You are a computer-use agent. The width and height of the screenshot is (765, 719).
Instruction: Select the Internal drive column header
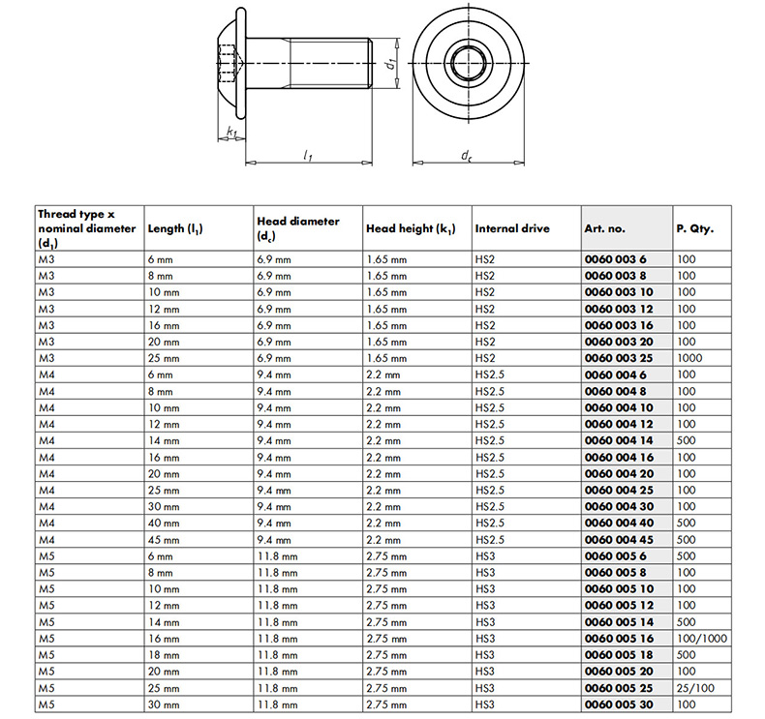[x=512, y=228]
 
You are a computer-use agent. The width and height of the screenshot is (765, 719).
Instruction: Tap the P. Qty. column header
[x=695, y=228]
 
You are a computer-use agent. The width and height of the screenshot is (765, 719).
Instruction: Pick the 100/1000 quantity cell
[x=701, y=639]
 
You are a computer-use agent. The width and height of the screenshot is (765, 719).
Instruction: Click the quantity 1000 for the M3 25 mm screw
[x=688, y=358]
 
